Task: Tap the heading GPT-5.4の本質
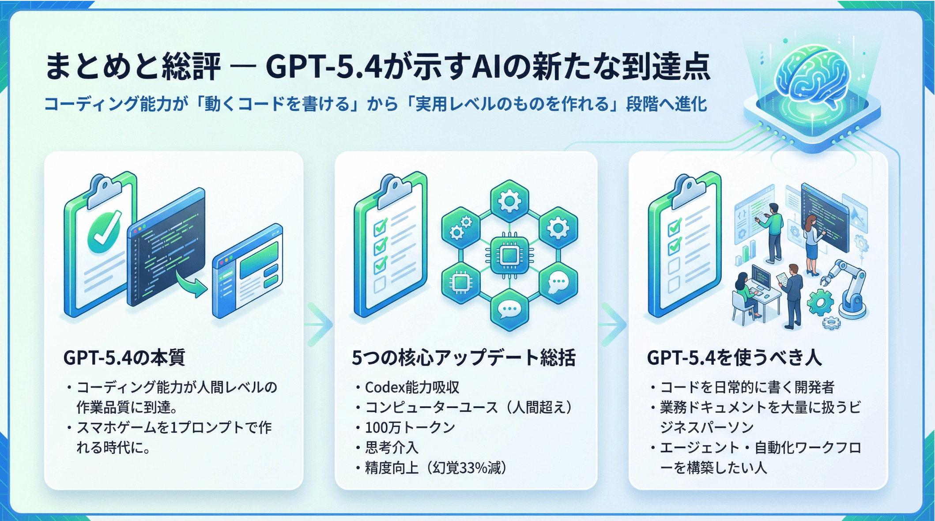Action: point(124,357)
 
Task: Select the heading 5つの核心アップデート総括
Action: point(464,357)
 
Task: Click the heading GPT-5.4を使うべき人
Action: point(734,357)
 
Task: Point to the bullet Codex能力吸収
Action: point(412,387)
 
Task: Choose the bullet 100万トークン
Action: point(410,427)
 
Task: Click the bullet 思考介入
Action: point(391,448)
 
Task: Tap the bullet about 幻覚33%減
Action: point(435,468)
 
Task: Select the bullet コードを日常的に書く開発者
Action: point(746,387)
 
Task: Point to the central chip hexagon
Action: point(509,255)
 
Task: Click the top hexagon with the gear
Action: point(509,201)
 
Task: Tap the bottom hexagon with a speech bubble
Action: point(509,309)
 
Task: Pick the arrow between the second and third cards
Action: point(613,325)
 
